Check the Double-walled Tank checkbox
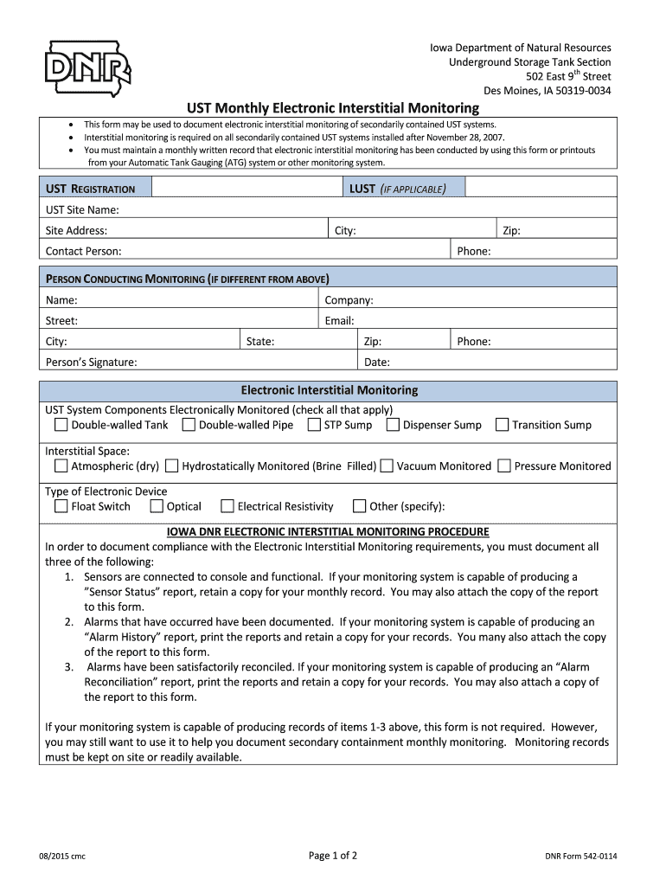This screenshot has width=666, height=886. coord(61,425)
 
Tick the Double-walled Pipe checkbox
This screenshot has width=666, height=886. coord(189,425)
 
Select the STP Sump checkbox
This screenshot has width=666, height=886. coord(314,425)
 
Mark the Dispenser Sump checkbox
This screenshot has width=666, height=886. coord(393,425)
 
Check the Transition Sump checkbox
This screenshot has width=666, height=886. coord(502,425)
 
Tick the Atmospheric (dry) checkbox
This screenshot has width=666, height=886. coord(61,466)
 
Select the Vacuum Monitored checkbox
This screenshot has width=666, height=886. coord(387,466)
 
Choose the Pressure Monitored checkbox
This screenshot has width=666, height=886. coord(504,466)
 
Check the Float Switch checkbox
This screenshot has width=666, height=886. coord(61,506)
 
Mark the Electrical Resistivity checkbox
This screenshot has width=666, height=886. coord(227,506)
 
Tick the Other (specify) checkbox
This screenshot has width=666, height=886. coord(359,506)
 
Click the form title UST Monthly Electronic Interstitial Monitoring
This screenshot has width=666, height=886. coord(333,108)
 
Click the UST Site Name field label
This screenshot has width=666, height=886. coord(82,210)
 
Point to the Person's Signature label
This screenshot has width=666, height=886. coord(91,363)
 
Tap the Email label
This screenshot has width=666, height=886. coord(339,321)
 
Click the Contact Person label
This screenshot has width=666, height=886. coord(83,252)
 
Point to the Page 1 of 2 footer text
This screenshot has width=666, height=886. coord(333,857)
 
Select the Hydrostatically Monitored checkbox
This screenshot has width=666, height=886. coord(171,466)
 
